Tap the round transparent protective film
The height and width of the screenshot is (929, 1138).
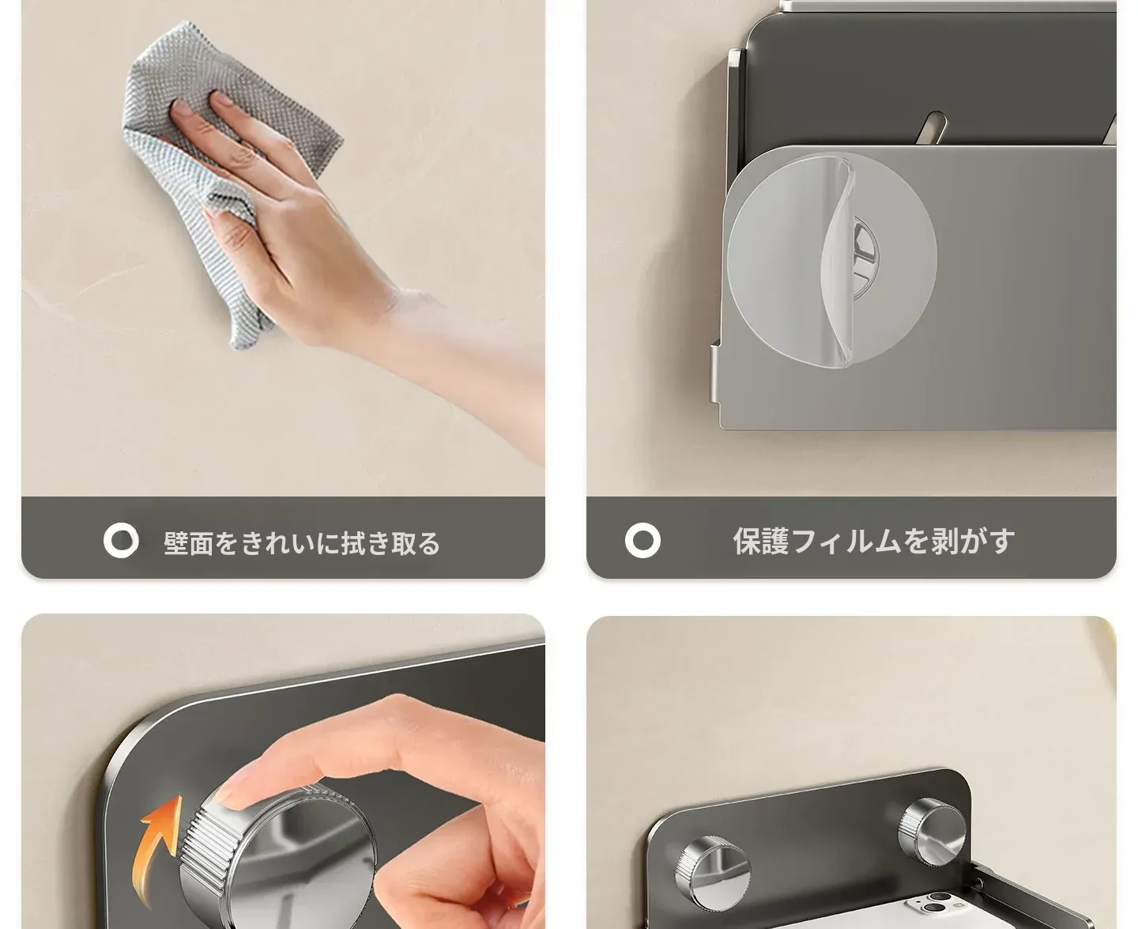(831, 260)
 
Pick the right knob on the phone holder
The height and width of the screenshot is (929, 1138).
(932, 832)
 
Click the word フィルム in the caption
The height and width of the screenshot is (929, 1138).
(846, 542)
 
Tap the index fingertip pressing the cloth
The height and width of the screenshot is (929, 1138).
(182, 108)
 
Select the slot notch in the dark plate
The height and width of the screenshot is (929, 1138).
(933, 127)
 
